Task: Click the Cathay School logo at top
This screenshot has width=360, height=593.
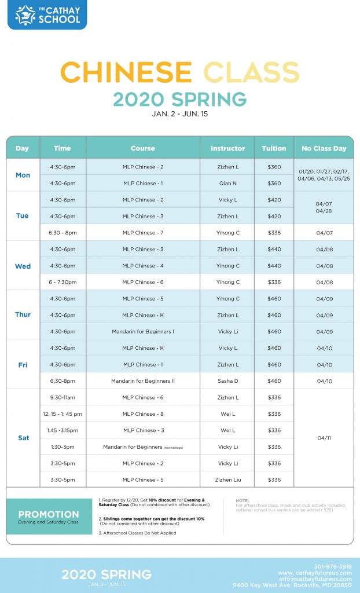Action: (x=47, y=15)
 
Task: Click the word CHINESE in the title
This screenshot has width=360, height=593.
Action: (x=126, y=72)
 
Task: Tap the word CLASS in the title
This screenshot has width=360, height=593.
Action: (x=251, y=72)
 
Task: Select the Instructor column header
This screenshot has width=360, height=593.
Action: (x=227, y=148)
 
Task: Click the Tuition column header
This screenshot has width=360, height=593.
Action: (x=274, y=148)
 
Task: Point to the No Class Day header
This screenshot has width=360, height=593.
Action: (x=324, y=148)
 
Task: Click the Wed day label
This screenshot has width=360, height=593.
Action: (x=23, y=266)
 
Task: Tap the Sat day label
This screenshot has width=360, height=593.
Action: (x=23, y=438)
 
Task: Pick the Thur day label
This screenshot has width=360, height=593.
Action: (x=23, y=315)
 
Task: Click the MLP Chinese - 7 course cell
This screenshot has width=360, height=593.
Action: (x=143, y=233)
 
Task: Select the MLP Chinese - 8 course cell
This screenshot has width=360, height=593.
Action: (x=143, y=414)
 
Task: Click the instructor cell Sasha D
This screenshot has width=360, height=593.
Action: (x=227, y=381)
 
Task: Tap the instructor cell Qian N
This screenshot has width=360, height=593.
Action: (x=227, y=184)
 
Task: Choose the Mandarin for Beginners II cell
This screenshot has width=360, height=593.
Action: (x=143, y=381)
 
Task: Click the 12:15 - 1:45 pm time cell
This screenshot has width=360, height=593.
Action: (x=63, y=414)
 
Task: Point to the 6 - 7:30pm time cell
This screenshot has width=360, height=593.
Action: (x=63, y=282)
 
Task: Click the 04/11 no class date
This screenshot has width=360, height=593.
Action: (x=324, y=438)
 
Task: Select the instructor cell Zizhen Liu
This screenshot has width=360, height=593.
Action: (x=227, y=479)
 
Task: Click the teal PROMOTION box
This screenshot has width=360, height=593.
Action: (x=49, y=517)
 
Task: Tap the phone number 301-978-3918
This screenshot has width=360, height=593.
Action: (x=333, y=566)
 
